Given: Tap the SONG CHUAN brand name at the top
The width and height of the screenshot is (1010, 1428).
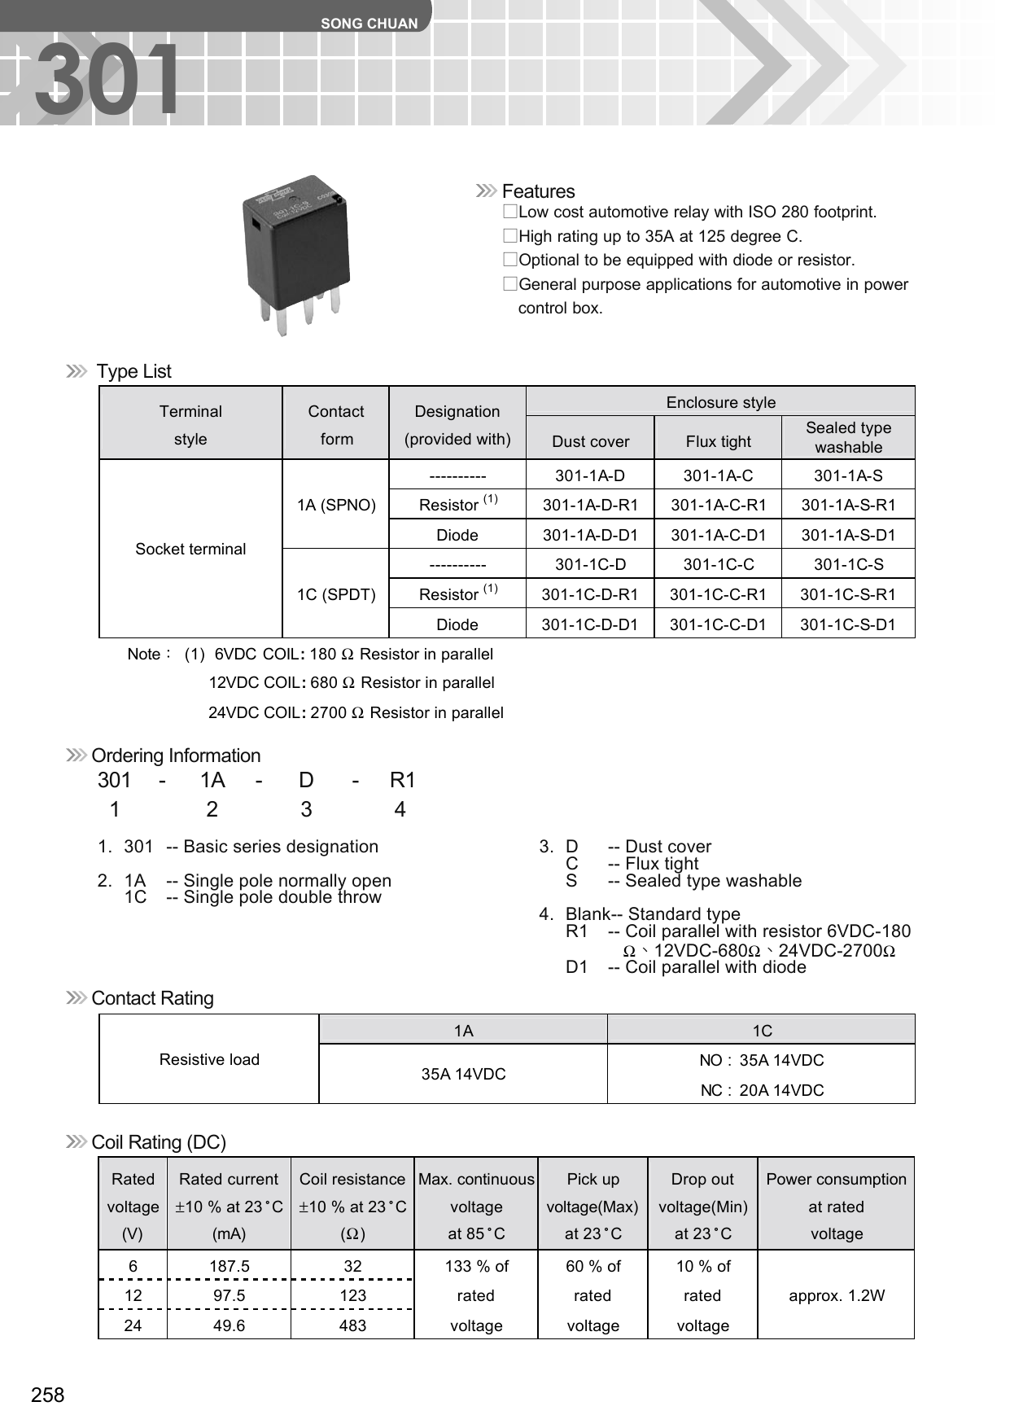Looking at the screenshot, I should [369, 24].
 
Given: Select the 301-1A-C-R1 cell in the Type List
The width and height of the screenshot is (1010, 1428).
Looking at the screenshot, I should [718, 505].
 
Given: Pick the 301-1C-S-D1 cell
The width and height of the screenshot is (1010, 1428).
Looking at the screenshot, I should [847, 624].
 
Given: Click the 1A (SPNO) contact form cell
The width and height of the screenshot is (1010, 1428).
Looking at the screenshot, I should [336, 505].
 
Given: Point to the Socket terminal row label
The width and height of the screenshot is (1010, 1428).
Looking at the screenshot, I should [190, 549].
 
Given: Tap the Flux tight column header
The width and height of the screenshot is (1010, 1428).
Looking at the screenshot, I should [718, 441].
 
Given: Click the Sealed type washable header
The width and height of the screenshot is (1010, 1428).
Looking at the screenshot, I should [848, 437].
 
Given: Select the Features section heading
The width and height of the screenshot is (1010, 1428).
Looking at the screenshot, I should [538, 191].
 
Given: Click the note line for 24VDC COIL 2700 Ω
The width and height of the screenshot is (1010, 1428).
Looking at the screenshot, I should [356, 712].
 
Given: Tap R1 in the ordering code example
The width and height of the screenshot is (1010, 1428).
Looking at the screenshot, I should [402, 780].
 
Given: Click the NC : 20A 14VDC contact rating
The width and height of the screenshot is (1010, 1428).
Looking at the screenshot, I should [762, 1090].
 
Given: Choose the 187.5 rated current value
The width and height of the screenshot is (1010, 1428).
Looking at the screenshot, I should [229, 1266].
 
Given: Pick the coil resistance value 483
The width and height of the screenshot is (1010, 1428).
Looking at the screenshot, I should [352, 1325].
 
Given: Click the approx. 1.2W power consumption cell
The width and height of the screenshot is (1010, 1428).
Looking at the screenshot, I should [836, 1295].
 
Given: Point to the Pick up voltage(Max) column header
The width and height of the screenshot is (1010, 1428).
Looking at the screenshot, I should [592, 1206].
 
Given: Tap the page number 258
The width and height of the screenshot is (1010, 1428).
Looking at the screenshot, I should [48, 1395].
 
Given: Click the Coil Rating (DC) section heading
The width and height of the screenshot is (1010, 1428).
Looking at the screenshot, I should [159, 1142].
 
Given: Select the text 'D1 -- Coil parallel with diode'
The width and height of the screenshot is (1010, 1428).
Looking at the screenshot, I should [685, 967].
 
